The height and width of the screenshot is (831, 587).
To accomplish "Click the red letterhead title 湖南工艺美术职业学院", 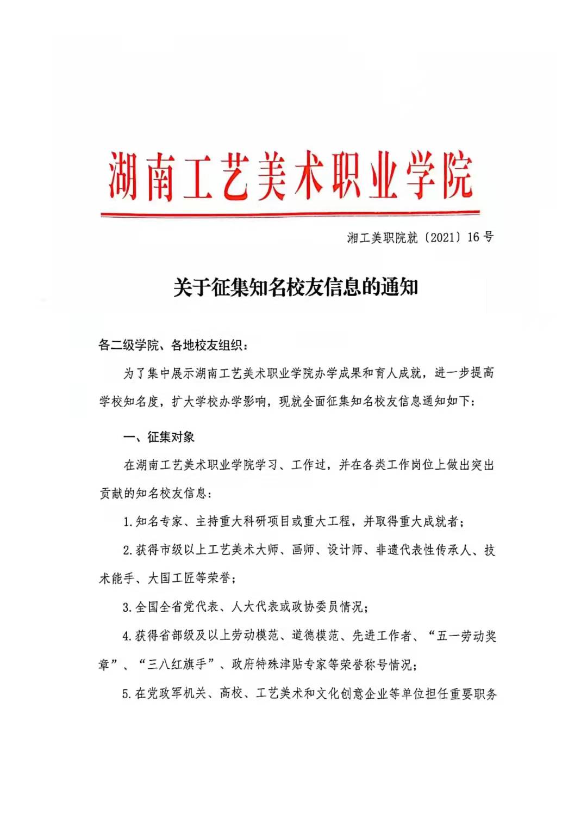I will (290, 175).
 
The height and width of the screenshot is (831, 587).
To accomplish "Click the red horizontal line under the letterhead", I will (290, 213).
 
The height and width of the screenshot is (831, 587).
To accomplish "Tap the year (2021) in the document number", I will (442, 237).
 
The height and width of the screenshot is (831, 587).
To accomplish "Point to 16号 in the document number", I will (480, 237).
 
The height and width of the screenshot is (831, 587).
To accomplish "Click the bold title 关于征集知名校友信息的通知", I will (295, 287).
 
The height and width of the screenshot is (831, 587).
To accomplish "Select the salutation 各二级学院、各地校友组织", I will (172, 345).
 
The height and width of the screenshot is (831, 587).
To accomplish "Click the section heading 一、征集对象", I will (159, 437).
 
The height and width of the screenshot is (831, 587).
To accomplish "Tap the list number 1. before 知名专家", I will (128, 522).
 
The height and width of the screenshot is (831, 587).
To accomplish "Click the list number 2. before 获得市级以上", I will (128, 550).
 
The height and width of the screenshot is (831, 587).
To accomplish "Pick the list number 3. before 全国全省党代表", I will (128, 607).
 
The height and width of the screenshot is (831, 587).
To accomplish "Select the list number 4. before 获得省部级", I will (128, 636).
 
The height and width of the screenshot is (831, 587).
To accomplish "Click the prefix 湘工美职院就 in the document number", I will (382, 237).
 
